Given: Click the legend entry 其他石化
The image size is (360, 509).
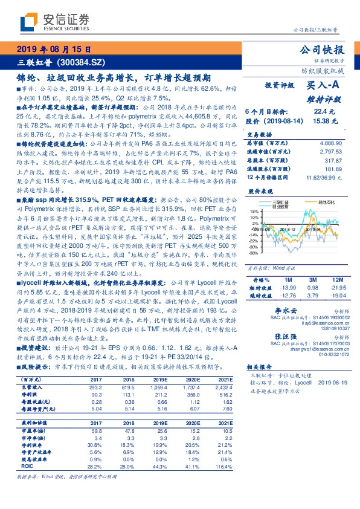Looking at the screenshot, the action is [326, 201].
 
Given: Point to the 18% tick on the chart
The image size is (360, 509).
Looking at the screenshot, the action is [254, 212].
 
